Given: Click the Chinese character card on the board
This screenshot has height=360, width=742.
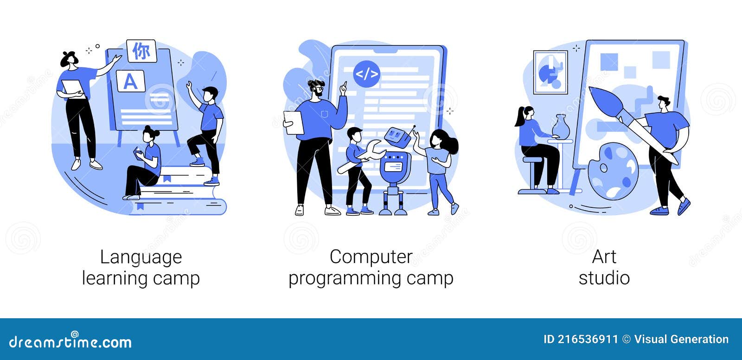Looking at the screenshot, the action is pyautogui.click(x=142, y=51).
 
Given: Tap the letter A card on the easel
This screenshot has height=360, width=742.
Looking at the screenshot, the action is pyautogui.click(x=130, y=81).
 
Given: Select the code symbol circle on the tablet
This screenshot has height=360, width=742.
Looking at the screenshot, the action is pyautogui.click(x=366, y=74).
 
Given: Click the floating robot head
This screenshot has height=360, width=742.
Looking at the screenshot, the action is pyautogui.click(x=397, y=136).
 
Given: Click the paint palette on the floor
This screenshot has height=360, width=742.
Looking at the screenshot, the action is pyautogui.click(x=613, y=171).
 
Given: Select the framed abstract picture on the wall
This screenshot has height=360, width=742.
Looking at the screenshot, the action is pyautogui.click(x=550, y=72).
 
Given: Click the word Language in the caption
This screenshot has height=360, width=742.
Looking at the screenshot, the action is pyautogui.click(x=141, y=257).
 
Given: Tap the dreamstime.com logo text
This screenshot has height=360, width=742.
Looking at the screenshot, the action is pyautogui.click(x=70, y=341).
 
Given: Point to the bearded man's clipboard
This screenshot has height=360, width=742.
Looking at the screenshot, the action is pyautogui.click(x=294, y=122).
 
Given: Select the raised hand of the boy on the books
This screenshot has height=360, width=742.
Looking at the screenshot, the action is pyautogui.click(x=189, y=85).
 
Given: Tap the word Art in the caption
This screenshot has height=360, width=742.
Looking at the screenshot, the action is pyautogui.click(x=604, y=257).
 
